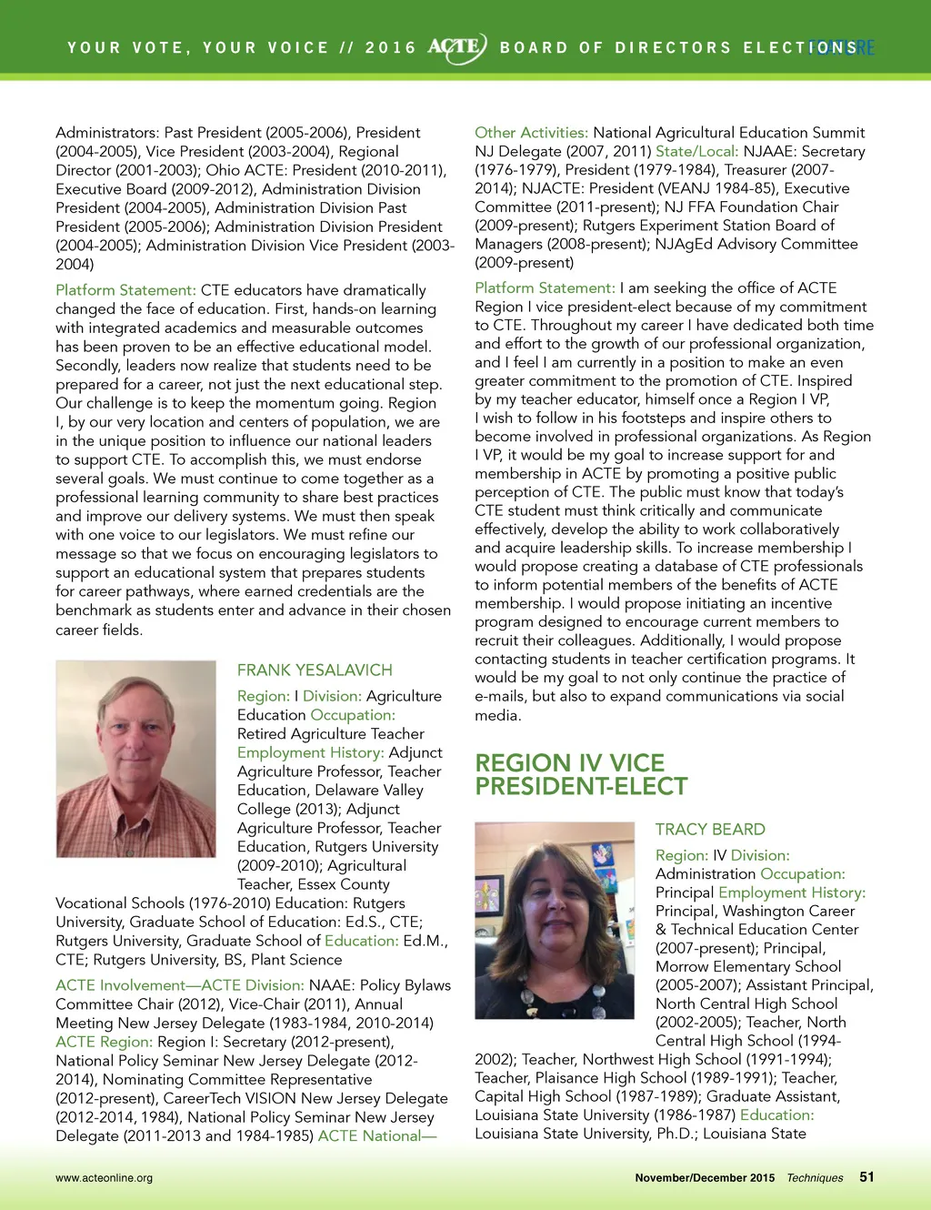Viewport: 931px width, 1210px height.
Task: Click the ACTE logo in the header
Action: pos(457,48)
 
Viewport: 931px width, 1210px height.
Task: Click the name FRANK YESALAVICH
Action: pos(315,671)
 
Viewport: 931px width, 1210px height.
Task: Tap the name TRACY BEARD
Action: pos(710,830)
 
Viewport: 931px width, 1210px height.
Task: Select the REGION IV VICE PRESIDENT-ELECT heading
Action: pos(581,775)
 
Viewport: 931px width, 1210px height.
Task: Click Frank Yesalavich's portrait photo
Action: pos(136,759)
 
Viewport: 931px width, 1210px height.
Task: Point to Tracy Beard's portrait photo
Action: pos(555,920)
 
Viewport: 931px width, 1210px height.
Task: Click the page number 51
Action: pos(866,1177)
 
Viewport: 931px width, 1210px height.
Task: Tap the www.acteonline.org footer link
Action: pos(104,1178)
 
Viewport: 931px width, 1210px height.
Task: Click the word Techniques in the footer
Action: pos(815,1178)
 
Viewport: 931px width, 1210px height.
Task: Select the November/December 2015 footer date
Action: pos(705,1178)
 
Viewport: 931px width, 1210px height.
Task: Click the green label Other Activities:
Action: pos(531,133)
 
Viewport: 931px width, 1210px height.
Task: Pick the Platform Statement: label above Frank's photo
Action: pos(125,290)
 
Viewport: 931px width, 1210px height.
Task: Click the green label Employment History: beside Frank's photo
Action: pos(310,752)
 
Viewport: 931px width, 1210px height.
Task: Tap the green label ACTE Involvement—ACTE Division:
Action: pos(179,985)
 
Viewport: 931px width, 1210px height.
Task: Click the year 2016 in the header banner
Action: pos(390,48)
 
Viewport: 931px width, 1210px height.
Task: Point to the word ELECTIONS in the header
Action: pos(799,48)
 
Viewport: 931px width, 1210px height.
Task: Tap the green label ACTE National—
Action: pos(377,1136)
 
